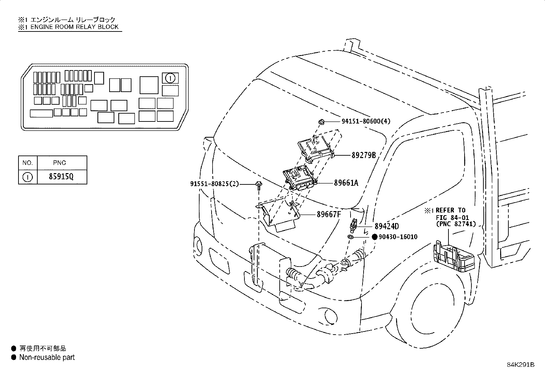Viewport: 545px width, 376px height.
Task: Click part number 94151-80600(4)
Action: (x=366, y=121)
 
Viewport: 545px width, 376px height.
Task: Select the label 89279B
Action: (x=364, y=155)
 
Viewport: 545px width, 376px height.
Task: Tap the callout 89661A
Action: (x=346, y=183)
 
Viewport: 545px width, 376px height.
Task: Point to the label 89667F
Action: (x=329, y=214)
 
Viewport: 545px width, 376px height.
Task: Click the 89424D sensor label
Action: (x=386, y=226)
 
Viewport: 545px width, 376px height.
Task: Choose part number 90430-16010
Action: (x=398, y=237)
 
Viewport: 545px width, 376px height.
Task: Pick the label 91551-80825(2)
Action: (x=215, y=184)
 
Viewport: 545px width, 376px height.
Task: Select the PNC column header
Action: (x=59, y=163)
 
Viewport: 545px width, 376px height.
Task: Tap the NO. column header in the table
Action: (x=27, y=163)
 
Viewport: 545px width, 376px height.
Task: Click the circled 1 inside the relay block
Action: (x=170, y=78)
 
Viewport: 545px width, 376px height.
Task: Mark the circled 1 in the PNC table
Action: (x=27, y=177)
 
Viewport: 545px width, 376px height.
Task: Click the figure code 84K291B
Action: (x=521, y=365)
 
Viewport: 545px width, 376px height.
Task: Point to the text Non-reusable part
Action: (x=47, y=357)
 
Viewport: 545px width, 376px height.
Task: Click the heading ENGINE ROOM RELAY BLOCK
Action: (x=74, y=27)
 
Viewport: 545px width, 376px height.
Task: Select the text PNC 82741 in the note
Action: (x=456, y=224)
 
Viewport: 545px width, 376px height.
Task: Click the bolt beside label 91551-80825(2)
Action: (x=259, y=186)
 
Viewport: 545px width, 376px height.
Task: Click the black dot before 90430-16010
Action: (x=375, y=237)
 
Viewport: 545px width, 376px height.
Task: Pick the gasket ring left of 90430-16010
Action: (x=350, y=237)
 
